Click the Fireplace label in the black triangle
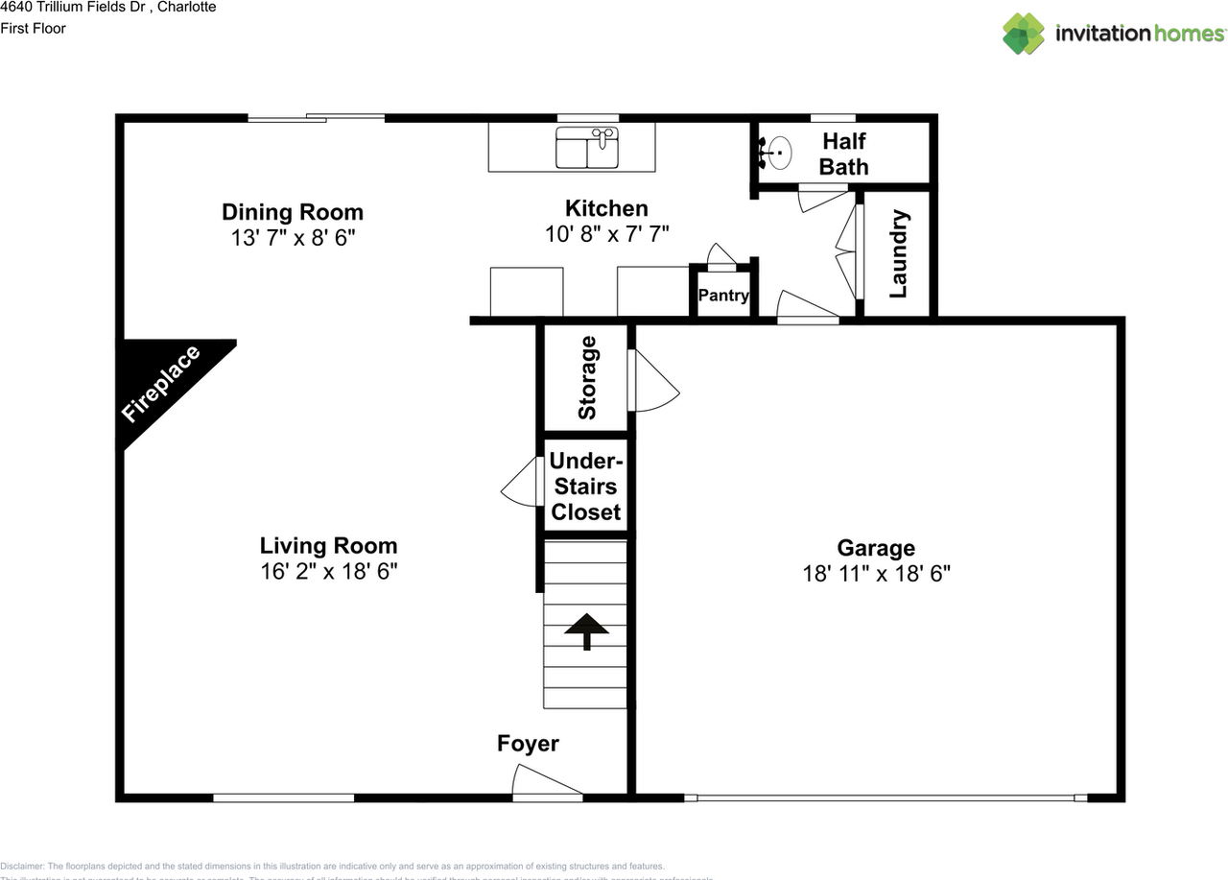(x=161, y=384)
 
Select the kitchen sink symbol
(x=587, y=149)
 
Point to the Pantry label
(x=723, y=296)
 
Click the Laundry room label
(x=898, y=254)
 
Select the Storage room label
(x=587, y=377)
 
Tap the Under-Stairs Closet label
(x=585, y=487)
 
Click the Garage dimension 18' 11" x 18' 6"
(x=876, y=574)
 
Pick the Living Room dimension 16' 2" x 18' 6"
(x=328, y=571)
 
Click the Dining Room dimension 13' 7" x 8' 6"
(x=293, y=237)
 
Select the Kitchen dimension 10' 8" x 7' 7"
(x=605, y=233)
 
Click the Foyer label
(x=528, y=744)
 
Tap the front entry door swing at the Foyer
(x=542, y=781)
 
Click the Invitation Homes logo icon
(x=1024, y=34)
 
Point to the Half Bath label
(x=844, y=154)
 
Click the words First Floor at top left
(x=34, y=28)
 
